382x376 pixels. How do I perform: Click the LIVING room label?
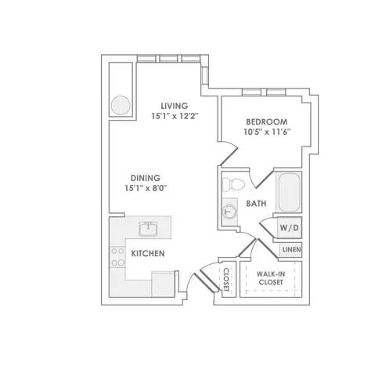tap(175, 106)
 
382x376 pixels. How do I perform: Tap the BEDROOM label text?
tap(267, 121)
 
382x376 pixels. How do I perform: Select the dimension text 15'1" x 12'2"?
tap(175, 116)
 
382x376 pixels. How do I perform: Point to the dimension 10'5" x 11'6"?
tap(267, 132)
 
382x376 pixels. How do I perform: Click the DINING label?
tap(146, 178)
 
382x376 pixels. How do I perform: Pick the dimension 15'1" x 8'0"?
tap(146, 188)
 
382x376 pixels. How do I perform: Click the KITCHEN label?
tap(148, 253)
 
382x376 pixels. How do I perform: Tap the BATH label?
tap(256, 204)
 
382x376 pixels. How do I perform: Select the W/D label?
tap(289, 228)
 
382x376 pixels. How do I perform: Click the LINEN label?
tap(292, 250)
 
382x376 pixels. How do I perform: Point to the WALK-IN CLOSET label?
tap(271, 278)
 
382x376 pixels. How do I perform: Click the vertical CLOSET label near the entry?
tap(226, 280)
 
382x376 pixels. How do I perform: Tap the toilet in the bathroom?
tap(233, 184)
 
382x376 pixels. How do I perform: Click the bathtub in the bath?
tap(289, 193)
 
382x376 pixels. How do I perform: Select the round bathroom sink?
tap(229, 211)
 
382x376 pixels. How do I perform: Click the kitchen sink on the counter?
tap(148, 229)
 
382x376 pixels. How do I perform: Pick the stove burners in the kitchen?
tap(117, 257)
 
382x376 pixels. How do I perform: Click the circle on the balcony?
tap(121, 105)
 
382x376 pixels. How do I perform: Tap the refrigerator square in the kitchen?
tap(163, 284)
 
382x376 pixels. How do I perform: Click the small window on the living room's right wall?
tap(204, 75)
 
